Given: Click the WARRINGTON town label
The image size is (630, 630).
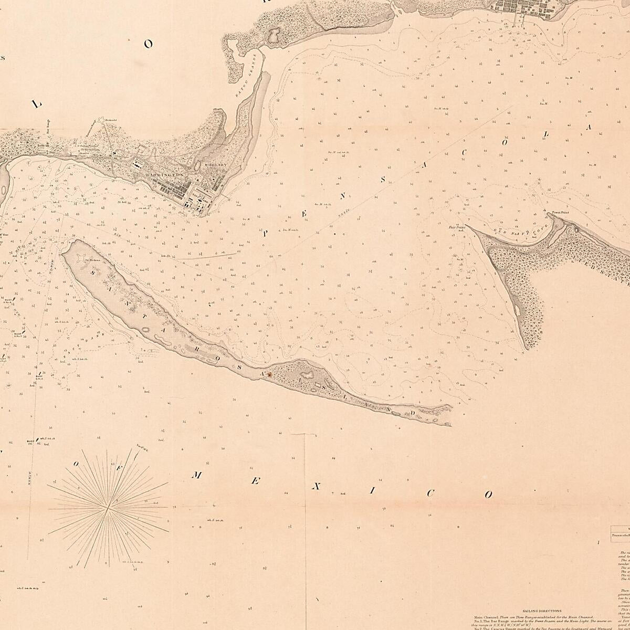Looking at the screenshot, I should [x=164, y=174].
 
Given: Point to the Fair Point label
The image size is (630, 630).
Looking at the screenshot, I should [x=457, y=227].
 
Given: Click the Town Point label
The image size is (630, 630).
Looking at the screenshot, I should [x=560, y=213].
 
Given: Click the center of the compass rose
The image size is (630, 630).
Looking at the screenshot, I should [x=108, y=507].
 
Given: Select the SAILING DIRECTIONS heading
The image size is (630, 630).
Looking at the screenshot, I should [x=542, y=611].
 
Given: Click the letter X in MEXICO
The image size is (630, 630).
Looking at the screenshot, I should [x=316, y=487].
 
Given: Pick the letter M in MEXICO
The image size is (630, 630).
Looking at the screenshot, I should [x=196, y=476].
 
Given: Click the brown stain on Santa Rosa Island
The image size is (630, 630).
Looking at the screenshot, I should [x=269, y=375].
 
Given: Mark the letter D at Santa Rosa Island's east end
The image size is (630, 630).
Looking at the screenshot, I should [x=413, y=412].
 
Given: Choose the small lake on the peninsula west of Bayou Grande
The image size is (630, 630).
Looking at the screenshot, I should [x=274, y=36].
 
